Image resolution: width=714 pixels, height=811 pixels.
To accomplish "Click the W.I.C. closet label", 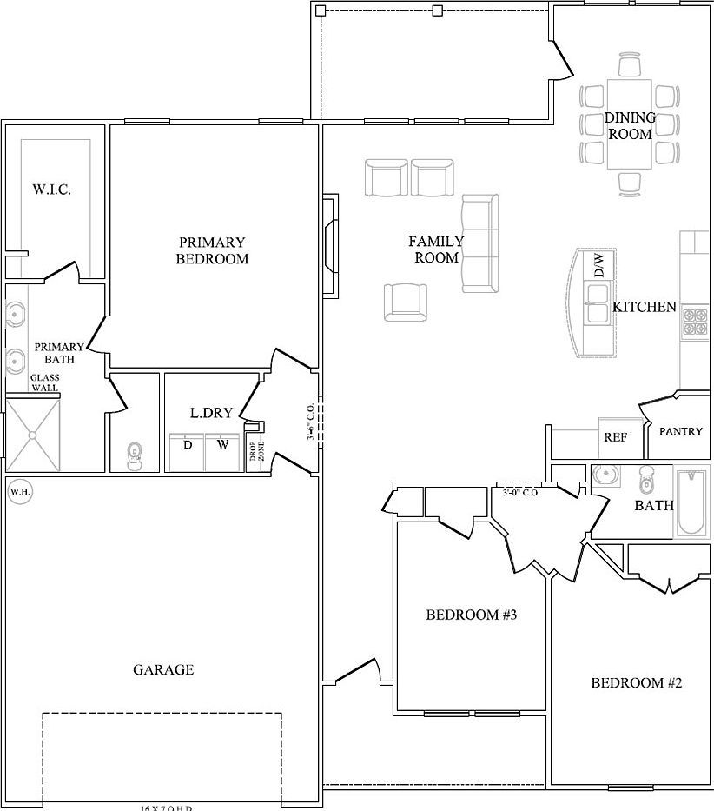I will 51,189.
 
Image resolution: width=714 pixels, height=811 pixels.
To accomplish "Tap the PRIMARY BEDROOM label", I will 212,250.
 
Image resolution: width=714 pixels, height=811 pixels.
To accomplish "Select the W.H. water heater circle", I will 19,493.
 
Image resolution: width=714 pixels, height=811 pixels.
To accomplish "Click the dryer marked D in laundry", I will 186,449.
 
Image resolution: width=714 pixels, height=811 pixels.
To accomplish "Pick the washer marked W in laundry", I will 222,449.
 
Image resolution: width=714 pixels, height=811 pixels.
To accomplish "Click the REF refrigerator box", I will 615,438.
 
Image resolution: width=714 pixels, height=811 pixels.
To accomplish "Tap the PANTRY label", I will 680,431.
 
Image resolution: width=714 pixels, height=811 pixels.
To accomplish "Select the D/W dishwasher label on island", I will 598,266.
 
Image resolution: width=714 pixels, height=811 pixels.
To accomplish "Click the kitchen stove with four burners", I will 695,322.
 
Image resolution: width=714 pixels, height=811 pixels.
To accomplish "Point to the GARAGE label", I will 163,669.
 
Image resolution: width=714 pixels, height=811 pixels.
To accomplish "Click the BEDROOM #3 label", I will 472,615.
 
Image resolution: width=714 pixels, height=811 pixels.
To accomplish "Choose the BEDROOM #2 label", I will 637,682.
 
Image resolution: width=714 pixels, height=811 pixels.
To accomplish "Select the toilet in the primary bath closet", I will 134,455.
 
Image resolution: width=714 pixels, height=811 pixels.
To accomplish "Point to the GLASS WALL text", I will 44,382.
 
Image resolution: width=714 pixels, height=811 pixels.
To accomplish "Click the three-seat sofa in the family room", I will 480,243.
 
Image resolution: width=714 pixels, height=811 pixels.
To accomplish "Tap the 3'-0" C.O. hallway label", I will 521,493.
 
